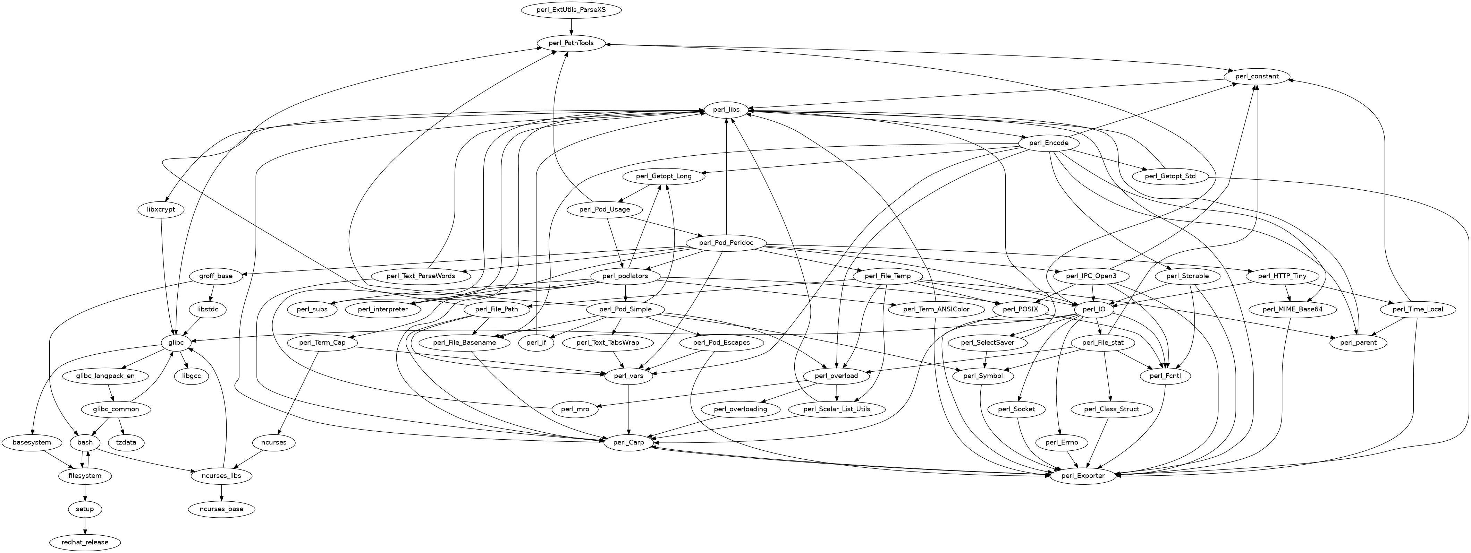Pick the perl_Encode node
point(1048,143)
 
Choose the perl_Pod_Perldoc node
point(726,243)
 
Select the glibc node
point(176,343)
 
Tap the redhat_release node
point(85,542)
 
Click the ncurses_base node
point(221,509)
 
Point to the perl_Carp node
point(628,442)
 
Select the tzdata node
point(126,442)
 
